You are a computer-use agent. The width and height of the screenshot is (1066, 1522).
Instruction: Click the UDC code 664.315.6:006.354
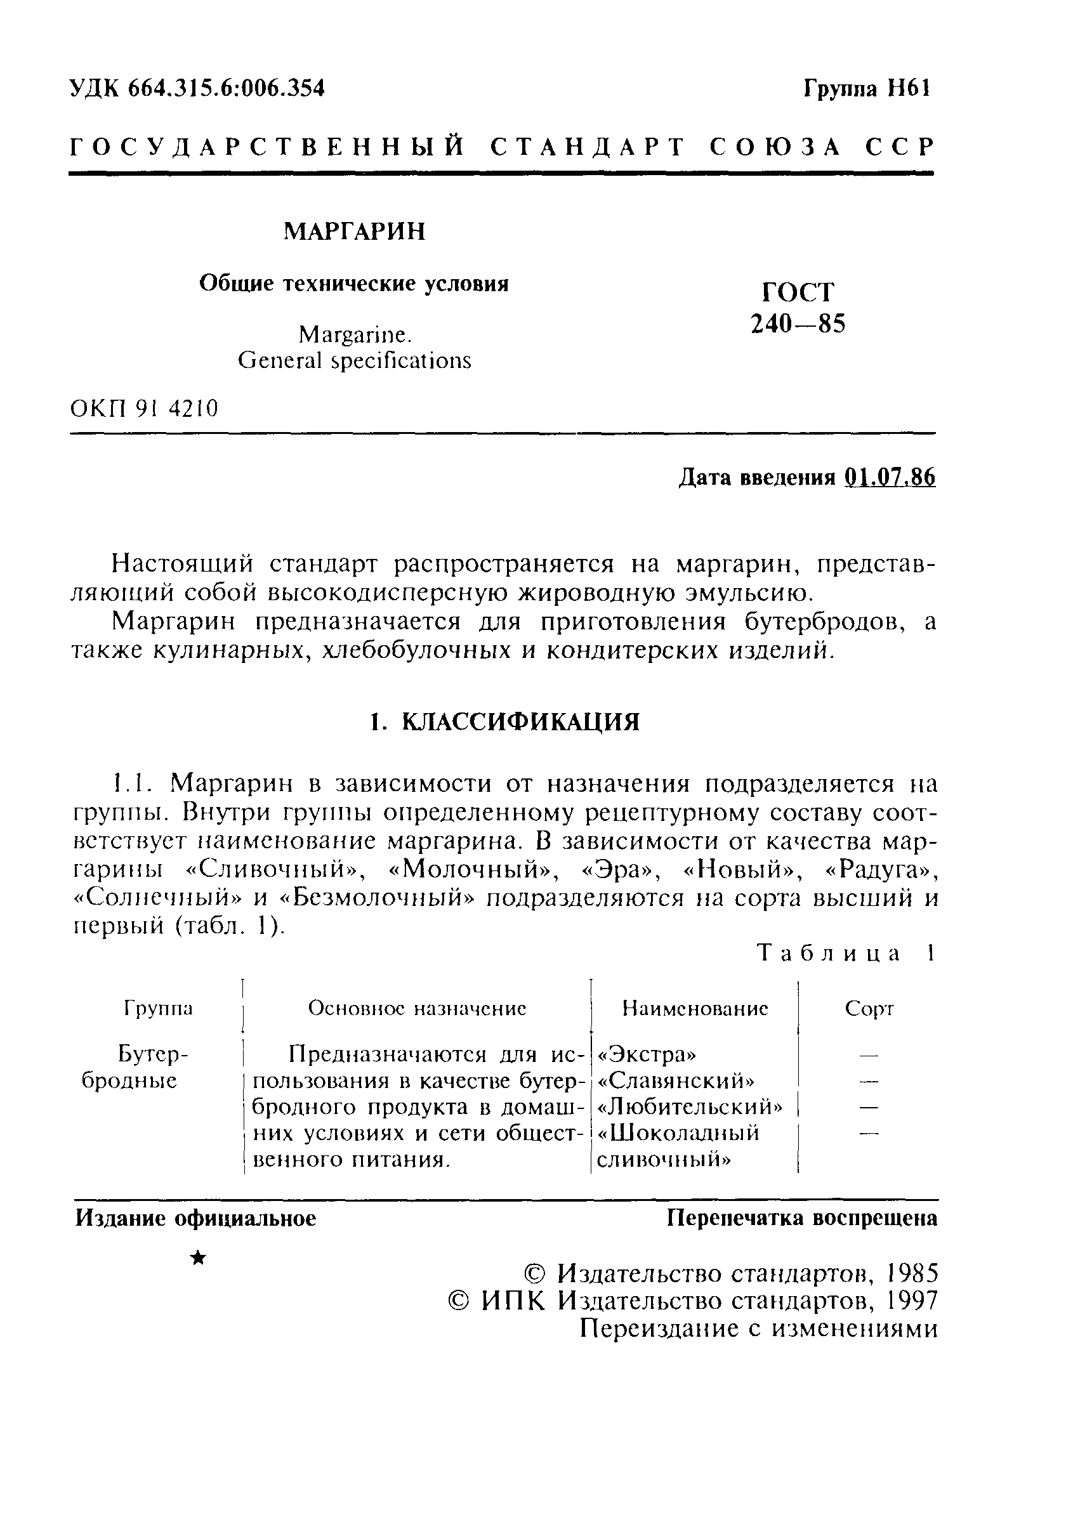tap(226, 88)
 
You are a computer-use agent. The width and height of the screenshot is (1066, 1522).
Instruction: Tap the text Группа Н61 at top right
tap(867, 88)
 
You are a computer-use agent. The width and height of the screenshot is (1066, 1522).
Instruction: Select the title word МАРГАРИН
tap(355, 232)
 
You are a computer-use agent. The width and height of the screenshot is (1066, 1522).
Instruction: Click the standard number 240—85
tap(798, 324)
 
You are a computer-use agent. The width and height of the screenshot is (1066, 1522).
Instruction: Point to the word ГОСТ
tap(798, 292)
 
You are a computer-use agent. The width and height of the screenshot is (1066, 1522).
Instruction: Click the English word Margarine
tap(355, 335)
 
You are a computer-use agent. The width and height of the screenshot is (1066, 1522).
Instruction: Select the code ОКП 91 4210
tap(144, 409)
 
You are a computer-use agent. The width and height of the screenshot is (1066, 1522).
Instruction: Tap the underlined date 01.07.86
tap(890, 477)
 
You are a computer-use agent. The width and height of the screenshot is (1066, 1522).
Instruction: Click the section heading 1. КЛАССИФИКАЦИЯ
tap(504, 722)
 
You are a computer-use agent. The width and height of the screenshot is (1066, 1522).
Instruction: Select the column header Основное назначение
tap(417, 1008)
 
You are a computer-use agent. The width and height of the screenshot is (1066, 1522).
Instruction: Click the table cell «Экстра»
tap(647, 1053)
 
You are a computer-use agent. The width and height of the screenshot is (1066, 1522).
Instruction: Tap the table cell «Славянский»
tap(676, 1080)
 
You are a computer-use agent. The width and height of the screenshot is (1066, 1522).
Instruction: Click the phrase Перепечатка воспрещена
tap(802, 1217)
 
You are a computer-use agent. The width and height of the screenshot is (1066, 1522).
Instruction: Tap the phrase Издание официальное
tap(195, 1217)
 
